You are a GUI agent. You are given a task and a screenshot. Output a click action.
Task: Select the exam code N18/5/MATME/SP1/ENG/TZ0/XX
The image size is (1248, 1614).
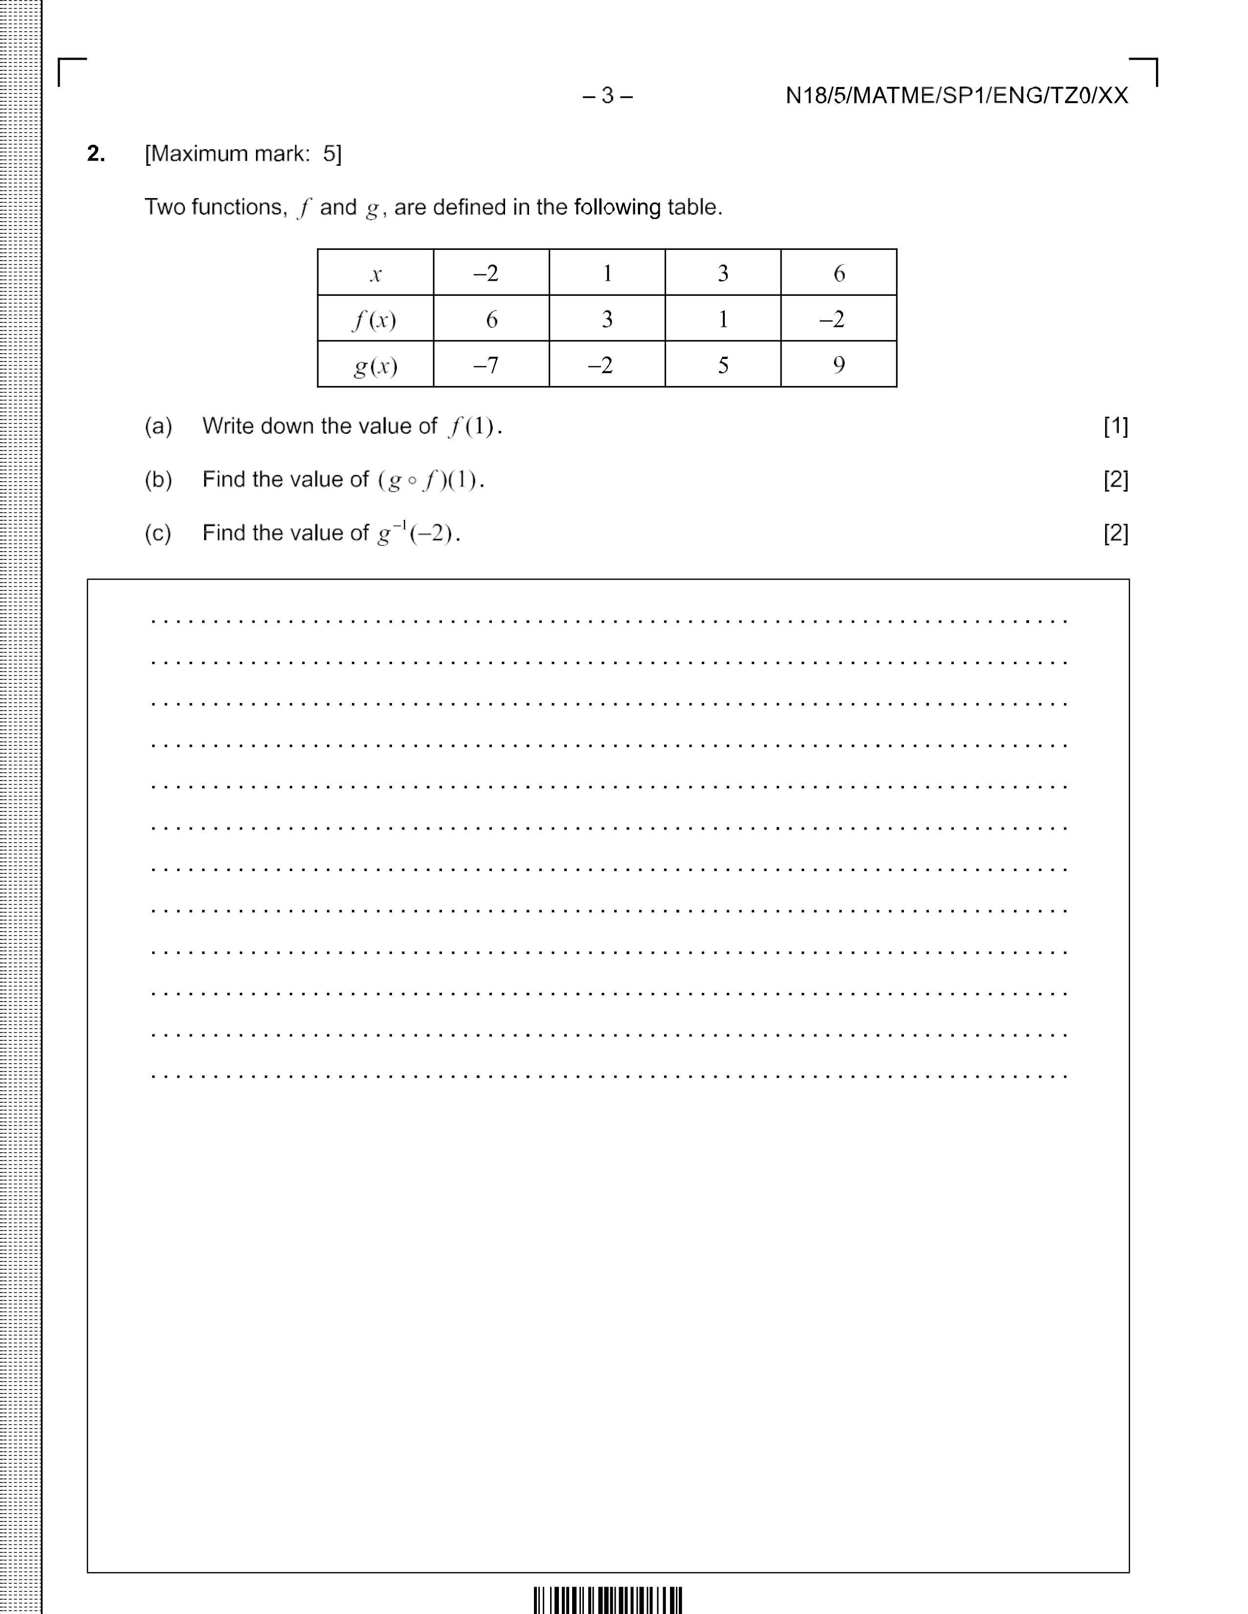(957, 96)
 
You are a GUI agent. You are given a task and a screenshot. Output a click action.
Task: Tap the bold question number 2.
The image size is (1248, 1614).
(96, 154)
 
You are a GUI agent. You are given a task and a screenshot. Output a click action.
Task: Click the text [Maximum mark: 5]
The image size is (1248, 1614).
(243, 154)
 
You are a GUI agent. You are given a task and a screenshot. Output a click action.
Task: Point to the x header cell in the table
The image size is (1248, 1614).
(375, 273)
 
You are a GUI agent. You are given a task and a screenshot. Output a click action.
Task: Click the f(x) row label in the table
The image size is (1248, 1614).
(375, 319)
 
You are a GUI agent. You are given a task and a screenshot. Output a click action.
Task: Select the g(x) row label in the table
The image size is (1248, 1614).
(375, 365)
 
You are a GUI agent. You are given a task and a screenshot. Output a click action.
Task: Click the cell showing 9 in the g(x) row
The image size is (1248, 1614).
(838, 365)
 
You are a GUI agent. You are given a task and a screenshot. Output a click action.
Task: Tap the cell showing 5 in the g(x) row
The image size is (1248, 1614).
(723, 365)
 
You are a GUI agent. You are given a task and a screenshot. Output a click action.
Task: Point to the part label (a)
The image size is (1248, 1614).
(158, 426)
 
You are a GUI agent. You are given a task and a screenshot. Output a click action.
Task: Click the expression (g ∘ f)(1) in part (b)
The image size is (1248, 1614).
(430, 480)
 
